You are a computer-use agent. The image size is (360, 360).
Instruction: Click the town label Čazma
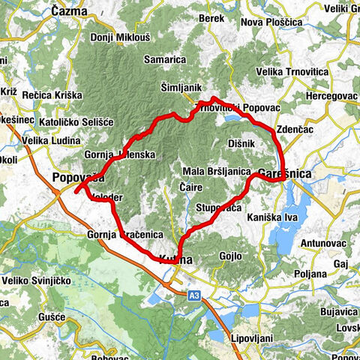[69, 11]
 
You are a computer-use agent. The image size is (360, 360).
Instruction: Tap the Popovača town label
[77, 178]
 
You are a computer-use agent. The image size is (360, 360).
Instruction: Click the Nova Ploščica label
[271, 22]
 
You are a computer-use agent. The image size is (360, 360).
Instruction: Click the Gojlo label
[230, 256]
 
